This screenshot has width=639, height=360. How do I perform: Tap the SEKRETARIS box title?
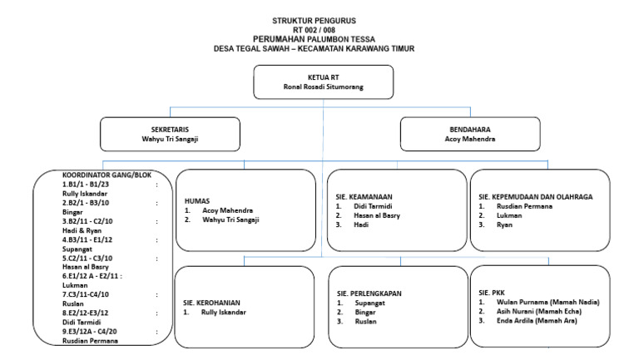tap(170, 129)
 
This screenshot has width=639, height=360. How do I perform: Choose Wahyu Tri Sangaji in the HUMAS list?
tap(231, 219)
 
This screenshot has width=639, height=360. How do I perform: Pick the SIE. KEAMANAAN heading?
tap(366, 196)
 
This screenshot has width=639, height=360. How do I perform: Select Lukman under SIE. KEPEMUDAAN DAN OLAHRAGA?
tap(510, 215)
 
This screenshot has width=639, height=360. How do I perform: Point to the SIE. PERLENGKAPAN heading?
tap(371, 293)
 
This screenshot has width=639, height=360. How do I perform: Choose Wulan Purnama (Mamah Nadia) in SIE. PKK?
tap(547, 302)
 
